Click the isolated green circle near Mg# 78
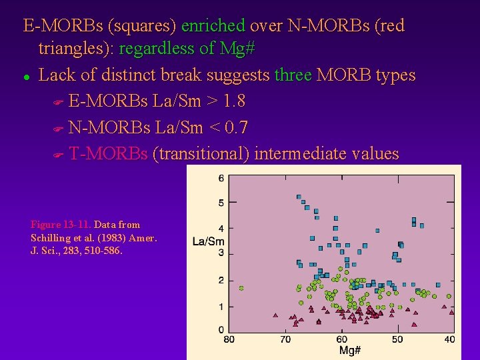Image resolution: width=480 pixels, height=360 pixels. click(241, 288)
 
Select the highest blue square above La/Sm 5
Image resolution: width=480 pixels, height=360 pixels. click(299, 197)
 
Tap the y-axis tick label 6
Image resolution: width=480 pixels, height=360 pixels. click(221, 178)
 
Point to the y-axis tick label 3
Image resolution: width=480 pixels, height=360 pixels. click(221, 253)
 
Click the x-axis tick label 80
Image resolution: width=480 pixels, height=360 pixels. click(229, 339)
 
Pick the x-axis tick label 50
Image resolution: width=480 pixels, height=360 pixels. click(397, 339)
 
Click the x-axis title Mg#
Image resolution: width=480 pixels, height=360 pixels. click(350, 351)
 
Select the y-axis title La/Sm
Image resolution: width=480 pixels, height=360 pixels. click(208, 241)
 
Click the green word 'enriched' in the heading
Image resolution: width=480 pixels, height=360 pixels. click(213, 26)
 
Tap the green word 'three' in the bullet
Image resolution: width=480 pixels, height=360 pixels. click(293, 75)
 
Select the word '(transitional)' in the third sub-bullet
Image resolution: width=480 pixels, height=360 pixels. click(201, 154)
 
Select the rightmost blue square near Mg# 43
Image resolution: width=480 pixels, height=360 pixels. click(438, 285)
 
